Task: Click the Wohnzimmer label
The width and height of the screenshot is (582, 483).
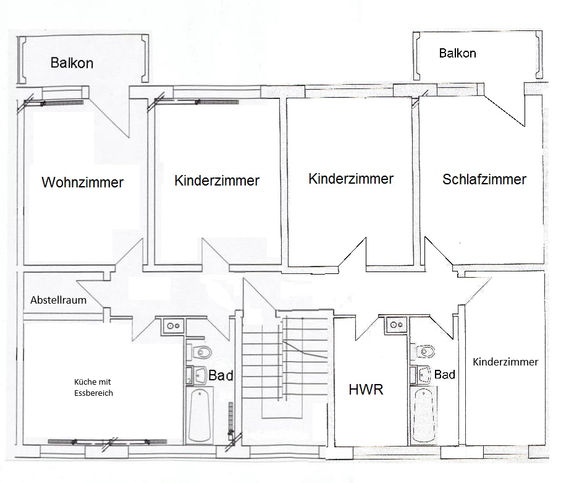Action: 82,182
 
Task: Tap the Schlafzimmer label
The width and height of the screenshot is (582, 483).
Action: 484,179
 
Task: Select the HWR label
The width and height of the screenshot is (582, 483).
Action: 366,390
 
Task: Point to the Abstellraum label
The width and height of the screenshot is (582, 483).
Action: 58,301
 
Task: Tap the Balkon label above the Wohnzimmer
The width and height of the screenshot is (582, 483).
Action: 72,62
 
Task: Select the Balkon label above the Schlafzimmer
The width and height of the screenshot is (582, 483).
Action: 457,53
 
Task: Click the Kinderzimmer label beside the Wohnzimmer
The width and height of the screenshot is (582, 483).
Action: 217,181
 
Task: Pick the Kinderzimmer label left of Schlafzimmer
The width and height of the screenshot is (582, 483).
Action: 351,179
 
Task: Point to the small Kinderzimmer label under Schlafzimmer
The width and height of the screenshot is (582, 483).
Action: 505,362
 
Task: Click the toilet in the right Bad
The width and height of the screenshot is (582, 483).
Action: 425,352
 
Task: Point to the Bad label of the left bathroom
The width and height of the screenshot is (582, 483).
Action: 221,375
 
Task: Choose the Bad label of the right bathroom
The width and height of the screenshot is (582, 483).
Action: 445,374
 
